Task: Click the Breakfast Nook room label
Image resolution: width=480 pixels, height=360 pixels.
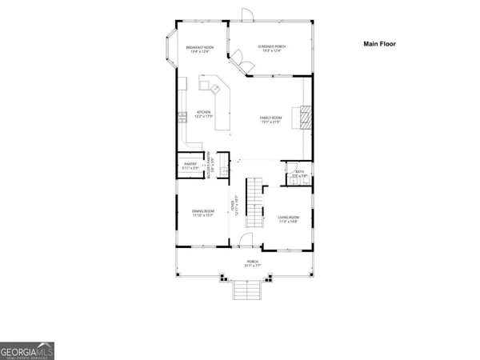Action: (200, 50)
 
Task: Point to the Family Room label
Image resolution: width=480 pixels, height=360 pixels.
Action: (269, 120)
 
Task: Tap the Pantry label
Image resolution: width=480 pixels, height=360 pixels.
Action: (190, 168)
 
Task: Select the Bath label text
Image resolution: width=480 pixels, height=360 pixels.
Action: (298, 173)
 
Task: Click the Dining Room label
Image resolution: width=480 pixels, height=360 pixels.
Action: (203, 214)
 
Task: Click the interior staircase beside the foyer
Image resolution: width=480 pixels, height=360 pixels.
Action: (254, 203)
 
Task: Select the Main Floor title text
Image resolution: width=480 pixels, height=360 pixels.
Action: (380, 44)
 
